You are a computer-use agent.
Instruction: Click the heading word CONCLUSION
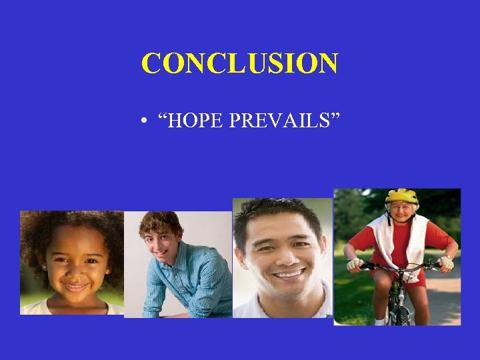pyautogui.click(x=239, y=64)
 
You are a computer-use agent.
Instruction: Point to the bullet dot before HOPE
pyautogui.click(x=144, y=123)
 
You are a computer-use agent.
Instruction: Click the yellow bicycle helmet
pyautogui.click(x=401, y=196)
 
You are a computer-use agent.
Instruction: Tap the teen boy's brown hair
pyautogui.click(x=160, y=223)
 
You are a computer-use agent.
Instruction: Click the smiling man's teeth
pyautogui.click(x=288, y=273)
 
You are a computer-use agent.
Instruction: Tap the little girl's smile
pyautogui.click(x=75, y=287)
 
